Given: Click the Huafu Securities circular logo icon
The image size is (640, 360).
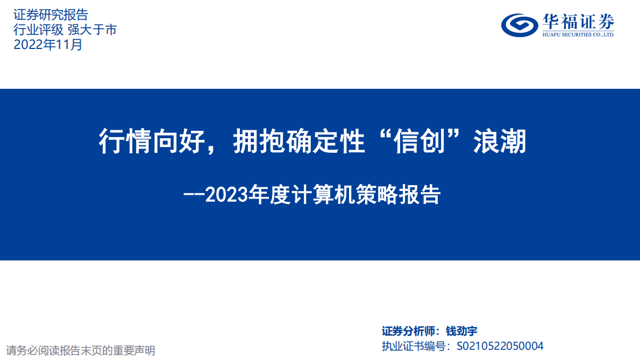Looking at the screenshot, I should point(519,25).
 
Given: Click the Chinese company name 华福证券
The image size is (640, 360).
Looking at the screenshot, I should point(578,22).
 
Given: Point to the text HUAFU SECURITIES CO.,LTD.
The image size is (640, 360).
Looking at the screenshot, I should point(578,34).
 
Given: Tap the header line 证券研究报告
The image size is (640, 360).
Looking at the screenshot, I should point(50,15).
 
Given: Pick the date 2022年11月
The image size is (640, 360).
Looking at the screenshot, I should point(48,45).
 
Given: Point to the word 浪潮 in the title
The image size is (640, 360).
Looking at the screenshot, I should point(500,143).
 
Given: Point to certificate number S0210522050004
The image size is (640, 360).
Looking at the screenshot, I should point(500,346).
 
